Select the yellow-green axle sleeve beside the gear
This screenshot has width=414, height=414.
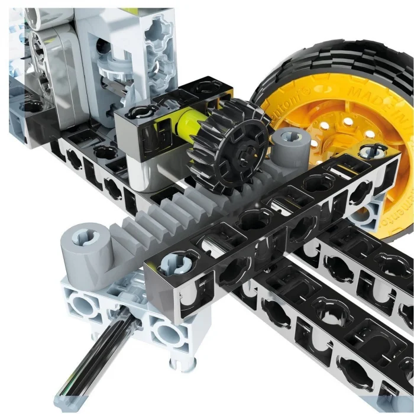(x=185, y=121)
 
